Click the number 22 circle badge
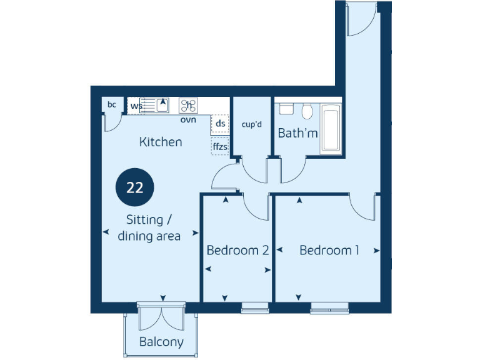click(134, 188)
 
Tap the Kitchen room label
click(161, 142)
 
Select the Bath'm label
click(297, 133)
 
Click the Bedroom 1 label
click(329, 251)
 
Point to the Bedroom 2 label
click(237, 251)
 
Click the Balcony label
click(161, 342)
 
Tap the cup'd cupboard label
click(252, 124)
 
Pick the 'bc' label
click(112, 104)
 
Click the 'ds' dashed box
click(220, 123)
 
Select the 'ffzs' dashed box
click(220, 147)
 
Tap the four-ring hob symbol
click(189, 105)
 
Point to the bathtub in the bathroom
click(330, 129)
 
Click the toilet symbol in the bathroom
click(306, 111)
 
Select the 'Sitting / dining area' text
click(149, 228)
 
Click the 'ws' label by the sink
click(134, 106)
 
